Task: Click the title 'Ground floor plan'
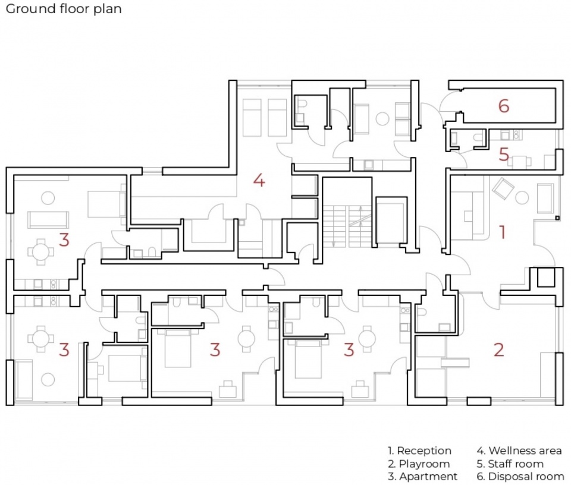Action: coord(64,9)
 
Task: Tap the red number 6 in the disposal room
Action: coord(504,106)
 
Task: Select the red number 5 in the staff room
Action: coord(504,155)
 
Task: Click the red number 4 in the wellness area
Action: coord(259,180)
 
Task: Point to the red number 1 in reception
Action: coord(503,232)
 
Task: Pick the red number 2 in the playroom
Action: coord(499,349)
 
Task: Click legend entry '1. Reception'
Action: coord(419,451)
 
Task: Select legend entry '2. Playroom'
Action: coord(419,464)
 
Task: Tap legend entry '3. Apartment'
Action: coord(422,476)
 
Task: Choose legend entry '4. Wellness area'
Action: coord(519,451)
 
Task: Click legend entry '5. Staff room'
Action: coord(510,464)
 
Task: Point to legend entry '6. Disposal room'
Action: coord(520,476)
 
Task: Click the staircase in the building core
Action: coord(348,226)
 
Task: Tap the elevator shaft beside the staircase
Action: coord(391,221)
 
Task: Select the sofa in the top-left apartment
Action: coord(48,219)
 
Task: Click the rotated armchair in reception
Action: coord(503,188)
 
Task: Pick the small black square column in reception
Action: coord(557,218)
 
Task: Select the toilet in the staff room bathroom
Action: coord(478,137)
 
